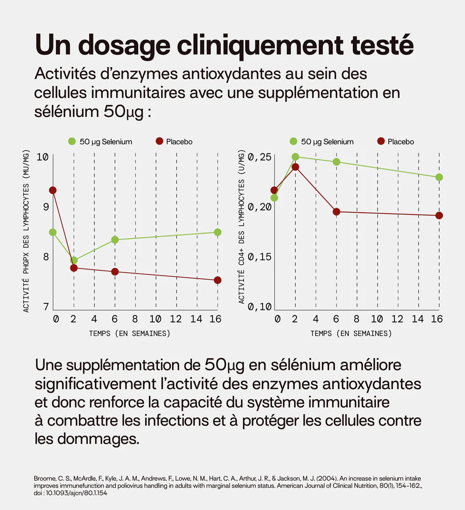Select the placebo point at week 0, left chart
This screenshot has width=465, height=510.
click(53, 190)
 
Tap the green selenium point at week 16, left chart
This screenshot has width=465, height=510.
click(218, 232)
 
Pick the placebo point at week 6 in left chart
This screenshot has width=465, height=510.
click(115, 272)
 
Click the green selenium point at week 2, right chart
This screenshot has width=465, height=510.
click(295, 157)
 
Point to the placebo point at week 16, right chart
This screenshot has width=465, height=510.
click(439, 215)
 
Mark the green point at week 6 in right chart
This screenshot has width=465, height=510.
click(336, 162)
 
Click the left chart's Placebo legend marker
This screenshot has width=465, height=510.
click(159, 141)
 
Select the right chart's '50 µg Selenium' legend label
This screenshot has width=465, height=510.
click(327, 141)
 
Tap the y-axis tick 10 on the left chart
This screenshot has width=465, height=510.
click(42, 157)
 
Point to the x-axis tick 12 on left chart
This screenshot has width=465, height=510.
click(176, 319)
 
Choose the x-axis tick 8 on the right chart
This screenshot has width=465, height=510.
click(356, 319)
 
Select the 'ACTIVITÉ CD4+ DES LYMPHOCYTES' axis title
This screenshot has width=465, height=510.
click(241, 227)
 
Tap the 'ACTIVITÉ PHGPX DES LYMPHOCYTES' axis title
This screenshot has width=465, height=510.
click(26, 231)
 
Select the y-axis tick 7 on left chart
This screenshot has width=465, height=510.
click(46, 307)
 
